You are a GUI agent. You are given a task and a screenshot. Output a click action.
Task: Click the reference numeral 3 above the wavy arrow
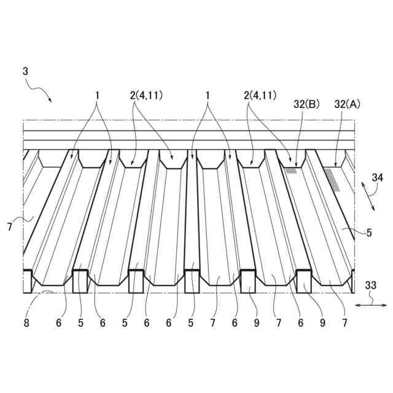[25, 71]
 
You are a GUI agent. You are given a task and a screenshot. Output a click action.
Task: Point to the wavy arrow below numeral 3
[40, 93]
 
